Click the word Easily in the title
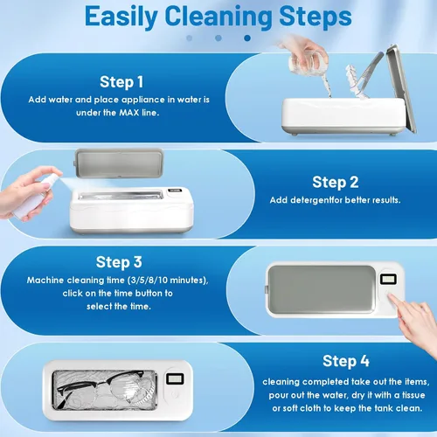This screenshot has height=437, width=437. (121, 17)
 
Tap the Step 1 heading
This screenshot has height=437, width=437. (121, 82)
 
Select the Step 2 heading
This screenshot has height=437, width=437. (336, 183)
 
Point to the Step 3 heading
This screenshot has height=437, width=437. (119, 262)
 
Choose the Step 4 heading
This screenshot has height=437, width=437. (346, 361)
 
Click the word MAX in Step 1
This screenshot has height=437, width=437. (129, 113)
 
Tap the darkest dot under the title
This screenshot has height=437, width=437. (247, 38)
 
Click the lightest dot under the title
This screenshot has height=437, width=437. (190, 38)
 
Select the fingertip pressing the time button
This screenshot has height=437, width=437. (392, 296)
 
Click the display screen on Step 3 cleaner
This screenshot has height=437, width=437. (388, 280)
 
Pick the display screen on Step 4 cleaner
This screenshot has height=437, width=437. (175, 378)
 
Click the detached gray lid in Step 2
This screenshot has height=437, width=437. (119, 163)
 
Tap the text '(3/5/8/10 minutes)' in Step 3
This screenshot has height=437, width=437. (168, 280)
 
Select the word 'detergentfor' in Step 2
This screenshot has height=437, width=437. (312, 200)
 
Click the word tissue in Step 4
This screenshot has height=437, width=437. (413, 395)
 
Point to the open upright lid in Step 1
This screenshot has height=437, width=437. (401, 87)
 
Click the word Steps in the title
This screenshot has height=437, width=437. (316, 17)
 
